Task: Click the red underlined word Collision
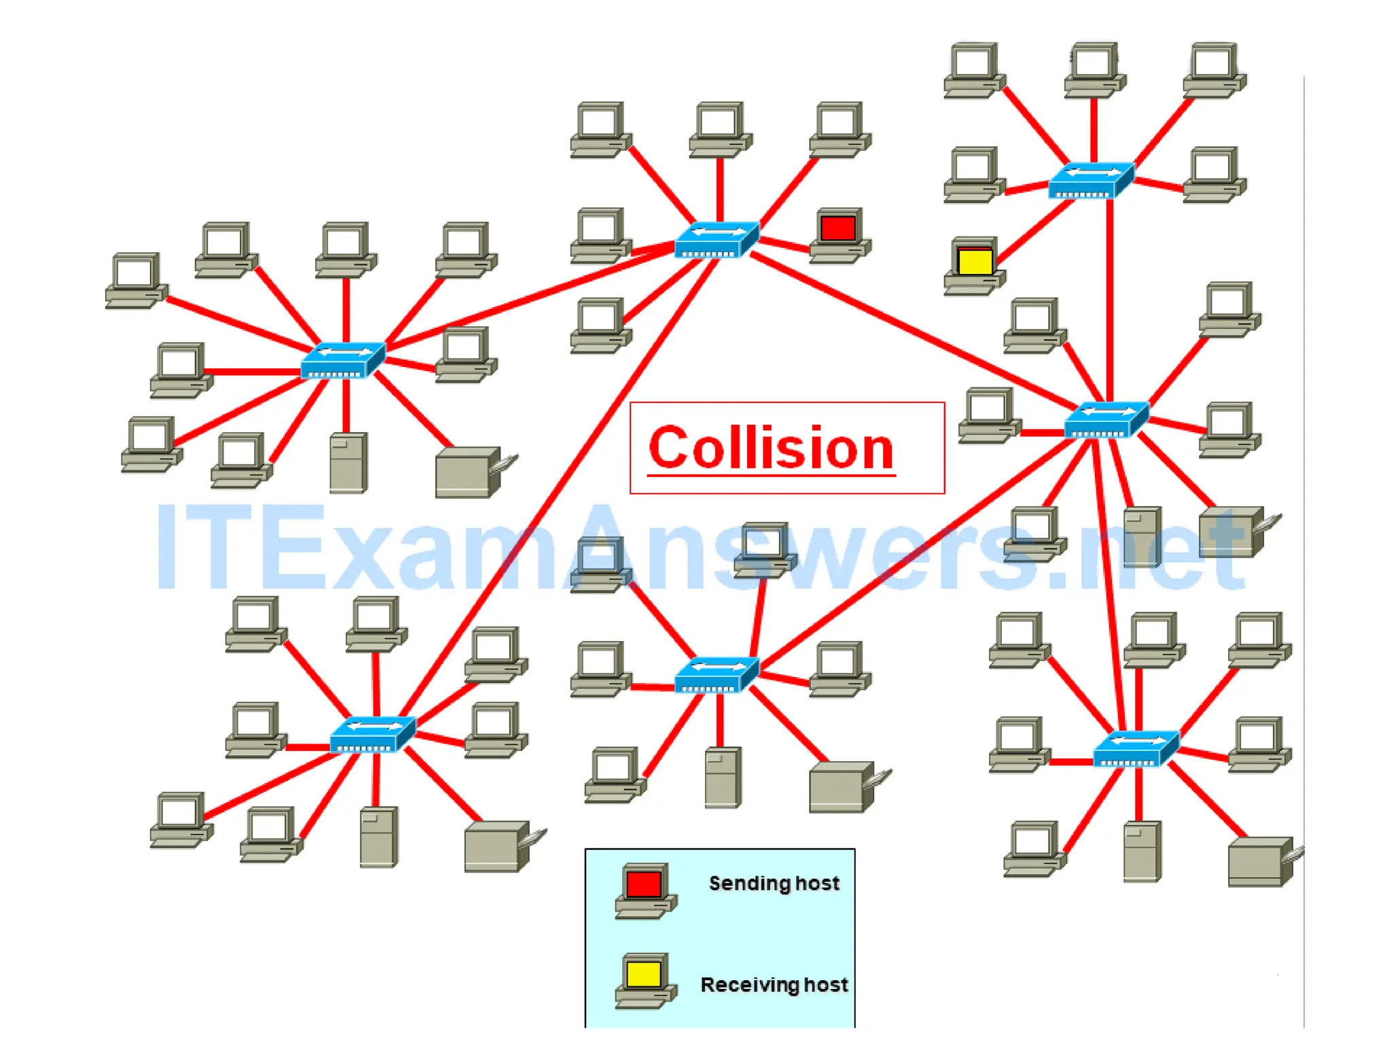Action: [x=771, y=449]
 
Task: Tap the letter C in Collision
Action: [x=669, y=449]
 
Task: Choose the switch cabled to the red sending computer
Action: [x=717, y=240]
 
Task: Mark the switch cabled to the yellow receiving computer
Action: [x=1091, y=180]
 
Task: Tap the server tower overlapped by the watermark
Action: [x=1142, y=537]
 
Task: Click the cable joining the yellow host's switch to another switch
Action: [x=1109, y=299]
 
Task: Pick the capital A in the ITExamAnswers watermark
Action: [x=604, y=547]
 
